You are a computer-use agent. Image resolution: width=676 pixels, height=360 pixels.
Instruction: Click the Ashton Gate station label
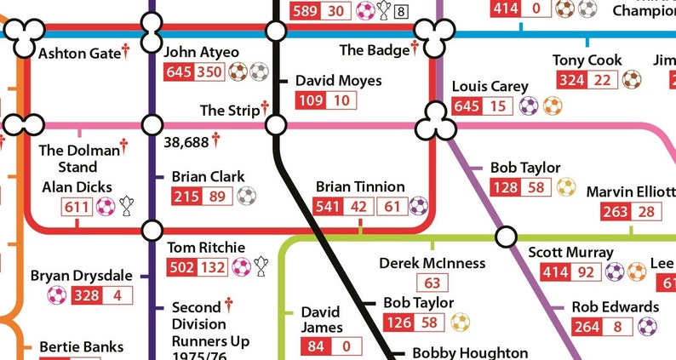point(79,53)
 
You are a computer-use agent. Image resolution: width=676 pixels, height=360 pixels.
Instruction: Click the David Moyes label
point(338,81)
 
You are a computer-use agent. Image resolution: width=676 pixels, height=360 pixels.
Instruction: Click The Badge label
point(374,50)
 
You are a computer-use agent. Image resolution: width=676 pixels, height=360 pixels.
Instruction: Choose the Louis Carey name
point(490,87)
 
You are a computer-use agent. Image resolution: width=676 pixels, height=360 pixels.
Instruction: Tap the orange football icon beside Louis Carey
point(553,106)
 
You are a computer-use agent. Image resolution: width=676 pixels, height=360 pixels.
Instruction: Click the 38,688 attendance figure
point(186,141)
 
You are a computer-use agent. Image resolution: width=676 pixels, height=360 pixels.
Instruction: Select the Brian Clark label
point(208,176)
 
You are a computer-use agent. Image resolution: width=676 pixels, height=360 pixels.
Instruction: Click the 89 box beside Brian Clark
point(217,197)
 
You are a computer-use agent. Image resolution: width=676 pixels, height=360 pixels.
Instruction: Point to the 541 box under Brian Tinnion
point(328,206)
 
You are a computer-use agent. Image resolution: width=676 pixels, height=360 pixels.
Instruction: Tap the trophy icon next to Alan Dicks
point(127,206)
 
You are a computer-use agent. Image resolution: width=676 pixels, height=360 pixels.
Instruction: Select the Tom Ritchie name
point(205,248)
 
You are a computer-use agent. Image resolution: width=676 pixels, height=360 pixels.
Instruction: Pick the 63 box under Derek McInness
point(433,283)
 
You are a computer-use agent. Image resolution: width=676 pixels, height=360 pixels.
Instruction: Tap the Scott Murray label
point(570,253)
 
